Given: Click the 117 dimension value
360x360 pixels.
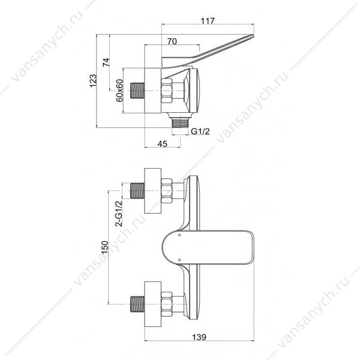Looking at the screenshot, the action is click(208, 21).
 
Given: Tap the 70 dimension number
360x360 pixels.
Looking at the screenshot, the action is click(172, 41).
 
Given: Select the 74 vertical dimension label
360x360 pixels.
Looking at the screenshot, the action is click(106, 62).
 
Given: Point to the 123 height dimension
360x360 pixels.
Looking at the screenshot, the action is click(93, 80).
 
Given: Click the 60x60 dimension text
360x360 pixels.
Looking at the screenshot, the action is click(119, 91).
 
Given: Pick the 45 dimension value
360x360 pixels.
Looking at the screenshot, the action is click(163, 144).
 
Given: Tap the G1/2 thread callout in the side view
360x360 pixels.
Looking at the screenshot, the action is click(200, 131).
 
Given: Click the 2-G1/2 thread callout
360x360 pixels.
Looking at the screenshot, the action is click(119, 214).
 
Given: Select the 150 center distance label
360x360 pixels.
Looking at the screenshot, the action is click(104, 247).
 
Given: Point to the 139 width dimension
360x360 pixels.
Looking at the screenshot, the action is click(199, 337).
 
